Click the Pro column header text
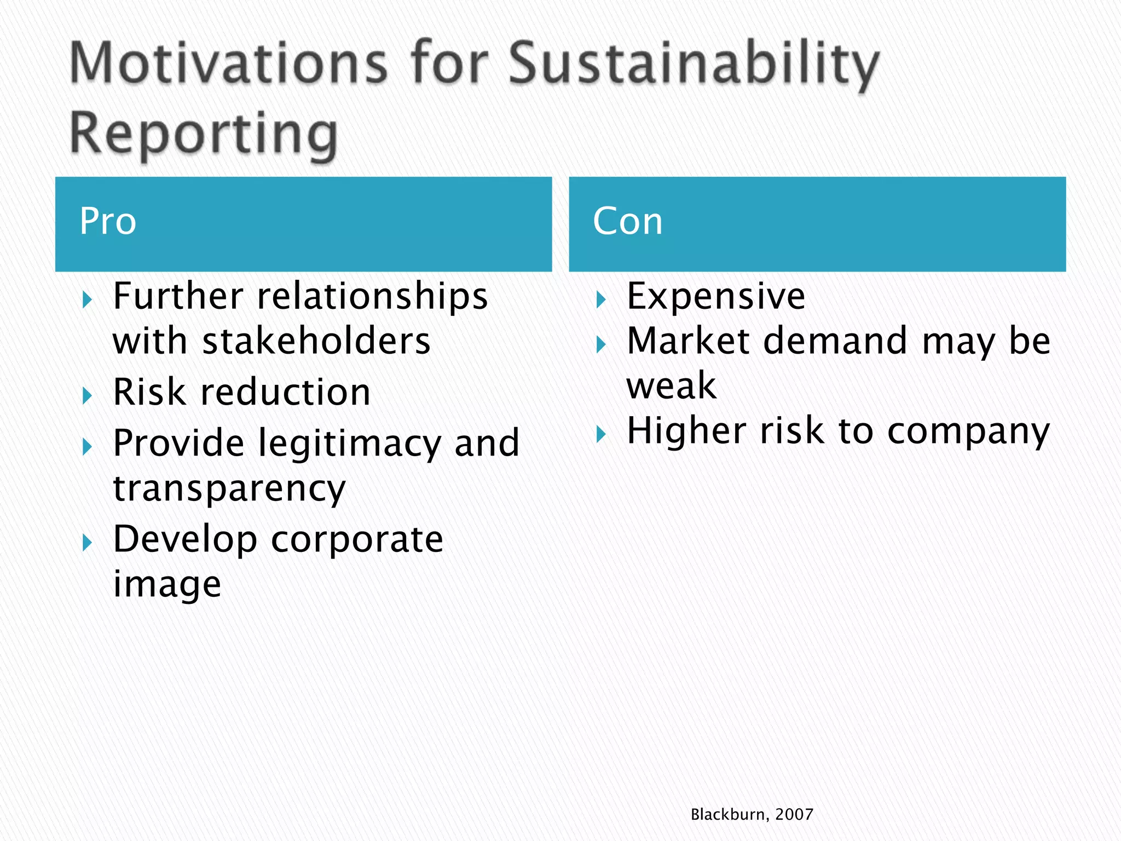[108, 221]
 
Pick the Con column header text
[627, 221]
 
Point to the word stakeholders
[316, 342]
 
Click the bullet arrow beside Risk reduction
[87, 395]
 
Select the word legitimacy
[349, 443]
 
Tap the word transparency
[229, 489]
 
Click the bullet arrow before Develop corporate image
[87, 543]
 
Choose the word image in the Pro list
[167, 584]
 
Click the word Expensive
[715, 296]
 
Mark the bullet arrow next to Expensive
[601, 299]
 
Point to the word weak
[671, 385]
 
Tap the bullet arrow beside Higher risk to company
[601, 434]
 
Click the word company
[968, 432]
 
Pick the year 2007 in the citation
[794, 814]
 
